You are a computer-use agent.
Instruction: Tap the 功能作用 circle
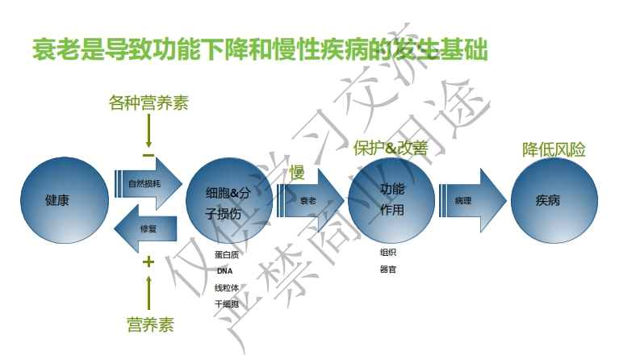[x=392, y=199]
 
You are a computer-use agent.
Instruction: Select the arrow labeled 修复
[x=146, y=228]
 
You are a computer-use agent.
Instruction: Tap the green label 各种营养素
[x=149, y=103]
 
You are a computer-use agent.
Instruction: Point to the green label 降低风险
[x=554, y=149]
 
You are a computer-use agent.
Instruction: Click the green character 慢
[x=297, y=170]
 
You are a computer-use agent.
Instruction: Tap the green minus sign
[x=148, y=155]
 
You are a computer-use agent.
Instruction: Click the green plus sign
[x=148, y=262]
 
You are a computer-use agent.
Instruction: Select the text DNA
[x=224, y=271]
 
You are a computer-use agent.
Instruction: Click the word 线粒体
[x=226, y=287]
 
